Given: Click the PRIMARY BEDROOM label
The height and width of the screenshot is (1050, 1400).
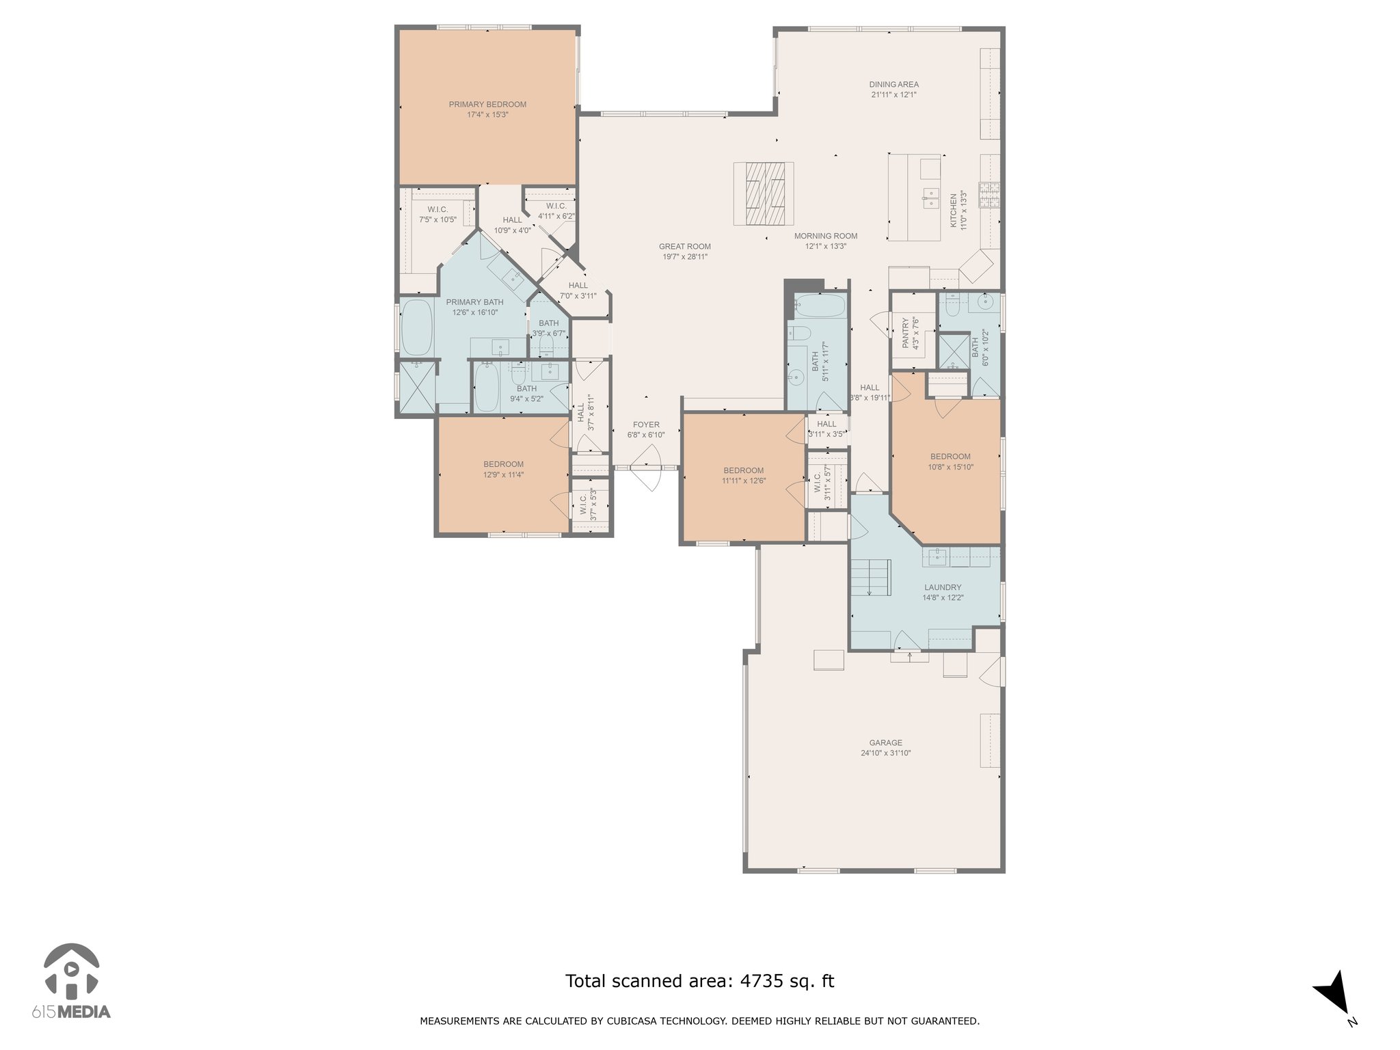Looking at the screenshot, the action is pos(487,105).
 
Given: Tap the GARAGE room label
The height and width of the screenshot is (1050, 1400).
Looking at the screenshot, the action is pos(885,742).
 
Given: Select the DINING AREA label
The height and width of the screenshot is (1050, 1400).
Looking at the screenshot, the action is pos(893,85).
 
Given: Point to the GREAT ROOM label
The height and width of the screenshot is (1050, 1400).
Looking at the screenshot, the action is pos(684,247).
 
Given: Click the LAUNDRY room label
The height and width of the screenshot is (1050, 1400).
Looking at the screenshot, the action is pos(943,587).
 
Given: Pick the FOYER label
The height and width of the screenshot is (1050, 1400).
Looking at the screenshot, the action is pos(646,425).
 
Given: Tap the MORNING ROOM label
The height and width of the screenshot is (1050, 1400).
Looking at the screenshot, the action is pos(826,237).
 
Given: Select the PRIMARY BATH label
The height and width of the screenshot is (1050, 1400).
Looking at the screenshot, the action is pos(474,302).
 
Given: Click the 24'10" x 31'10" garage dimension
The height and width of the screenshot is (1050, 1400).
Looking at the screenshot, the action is pos(885,753).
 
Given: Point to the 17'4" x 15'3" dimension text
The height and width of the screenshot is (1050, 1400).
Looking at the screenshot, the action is pos(487,115).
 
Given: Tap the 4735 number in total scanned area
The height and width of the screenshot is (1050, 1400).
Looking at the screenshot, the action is pos(755,982).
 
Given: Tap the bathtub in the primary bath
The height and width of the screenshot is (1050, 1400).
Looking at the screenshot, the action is pos(416,328).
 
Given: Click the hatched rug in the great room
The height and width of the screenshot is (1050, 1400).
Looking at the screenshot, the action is pos(764,193).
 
